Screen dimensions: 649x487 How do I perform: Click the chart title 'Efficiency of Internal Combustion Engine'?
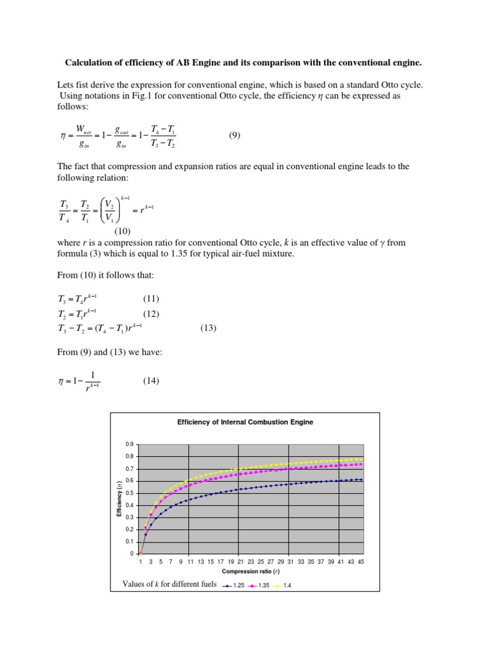point(245,421)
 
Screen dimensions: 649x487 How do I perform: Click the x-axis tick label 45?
point(360,562)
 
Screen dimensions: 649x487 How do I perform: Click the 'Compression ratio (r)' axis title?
point(250,572)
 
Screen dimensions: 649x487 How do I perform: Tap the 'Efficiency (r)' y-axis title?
point(119,499)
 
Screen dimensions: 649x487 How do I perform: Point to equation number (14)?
point(150,380)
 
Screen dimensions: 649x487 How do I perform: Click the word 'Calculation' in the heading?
point(91,63)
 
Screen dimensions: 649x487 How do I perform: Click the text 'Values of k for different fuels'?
point(168,584)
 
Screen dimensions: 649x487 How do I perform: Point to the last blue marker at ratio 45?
point(361,480)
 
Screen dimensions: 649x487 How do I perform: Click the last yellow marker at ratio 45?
point(361,459)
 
